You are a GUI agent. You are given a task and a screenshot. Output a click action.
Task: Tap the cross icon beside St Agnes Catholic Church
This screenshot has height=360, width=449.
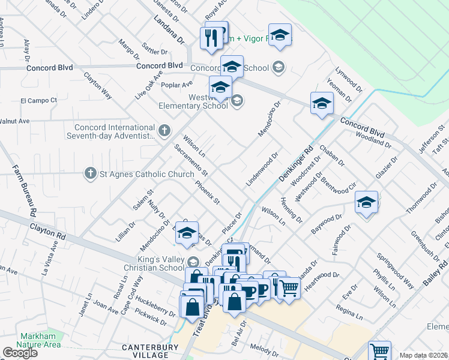click(x=91, y=174)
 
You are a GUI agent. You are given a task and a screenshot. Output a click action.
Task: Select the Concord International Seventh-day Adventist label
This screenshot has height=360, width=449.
click(x=115, y=131)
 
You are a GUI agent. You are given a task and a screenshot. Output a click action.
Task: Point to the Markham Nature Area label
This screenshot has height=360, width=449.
click(x=40, y=340)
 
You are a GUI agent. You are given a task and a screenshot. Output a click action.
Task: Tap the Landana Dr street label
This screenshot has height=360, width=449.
click(x=169, y=30)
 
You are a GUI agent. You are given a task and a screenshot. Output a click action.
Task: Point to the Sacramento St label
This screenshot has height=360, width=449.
click(x=191, y=160)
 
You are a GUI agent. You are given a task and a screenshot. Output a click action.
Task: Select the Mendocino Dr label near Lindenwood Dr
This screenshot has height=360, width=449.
click(x=269, y=119)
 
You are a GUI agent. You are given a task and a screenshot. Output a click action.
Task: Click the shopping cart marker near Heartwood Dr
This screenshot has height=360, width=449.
click(x=289, y=290)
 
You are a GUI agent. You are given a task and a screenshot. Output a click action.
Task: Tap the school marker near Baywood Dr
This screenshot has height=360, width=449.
click(x=366, y=203)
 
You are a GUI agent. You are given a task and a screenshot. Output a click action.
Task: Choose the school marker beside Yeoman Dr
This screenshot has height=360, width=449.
click(x=322, y=104)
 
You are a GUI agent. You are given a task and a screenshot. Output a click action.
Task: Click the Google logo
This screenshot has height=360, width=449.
click(x=20, y=353)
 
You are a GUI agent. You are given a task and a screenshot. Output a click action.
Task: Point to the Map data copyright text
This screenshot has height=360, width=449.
click(x=423, y=355)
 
